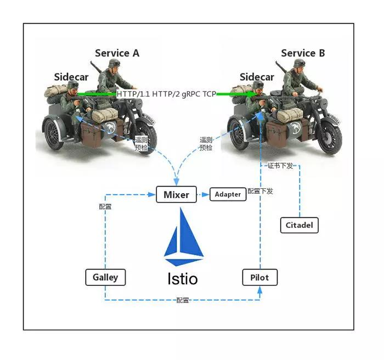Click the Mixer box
click(176, 194)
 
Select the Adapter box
click(228, 194)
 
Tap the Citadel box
click(299, 224)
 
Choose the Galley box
click(105, 277)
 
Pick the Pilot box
click(259, 277)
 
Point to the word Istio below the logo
click(183, 278)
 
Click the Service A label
click(117, 53)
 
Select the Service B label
click(303, 53)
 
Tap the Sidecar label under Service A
click(71, 77)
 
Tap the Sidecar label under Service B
click(257, 77)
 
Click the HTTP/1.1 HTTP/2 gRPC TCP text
click(166, 94)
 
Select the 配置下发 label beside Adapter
click(260, 192)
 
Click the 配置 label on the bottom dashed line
click(183, 301)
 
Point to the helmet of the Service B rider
click(300, 63)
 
